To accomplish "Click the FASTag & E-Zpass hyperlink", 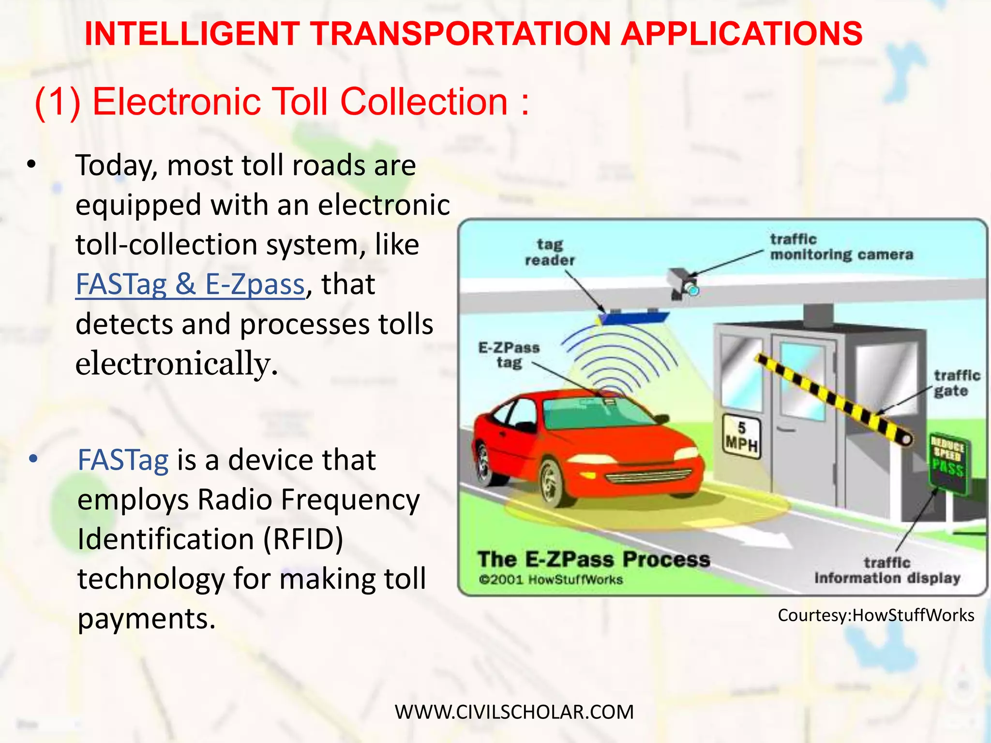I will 190,284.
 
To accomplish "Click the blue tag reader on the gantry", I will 633,317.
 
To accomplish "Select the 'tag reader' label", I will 550,252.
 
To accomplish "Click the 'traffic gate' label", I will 956,383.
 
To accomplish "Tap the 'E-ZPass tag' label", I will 509,355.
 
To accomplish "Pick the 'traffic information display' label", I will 887,570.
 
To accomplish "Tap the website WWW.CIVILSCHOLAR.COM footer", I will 514,712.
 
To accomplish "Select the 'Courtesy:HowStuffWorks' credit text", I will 876,615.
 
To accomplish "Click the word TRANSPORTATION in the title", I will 461,34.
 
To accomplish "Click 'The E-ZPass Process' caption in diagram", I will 594,559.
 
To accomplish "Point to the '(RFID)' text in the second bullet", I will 303,539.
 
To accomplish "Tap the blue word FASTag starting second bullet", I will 123,460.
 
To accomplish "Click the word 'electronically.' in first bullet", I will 177,363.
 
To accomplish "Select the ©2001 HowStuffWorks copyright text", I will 551,580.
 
